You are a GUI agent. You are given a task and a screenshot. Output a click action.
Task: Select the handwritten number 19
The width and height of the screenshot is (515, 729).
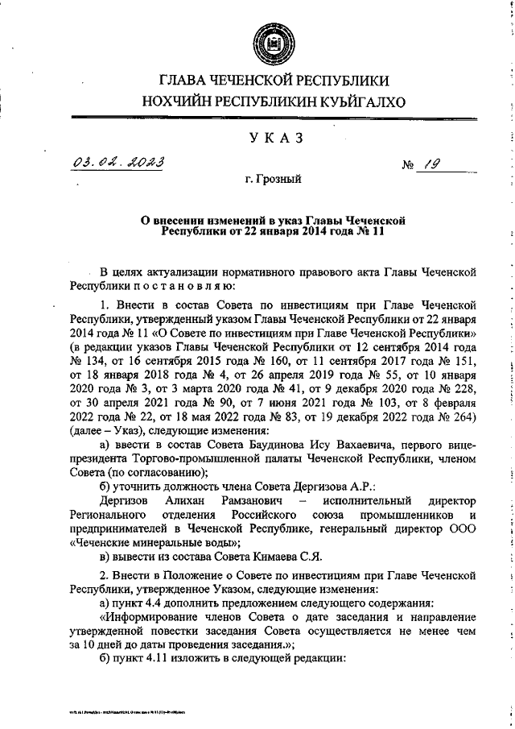(x=426, y=164)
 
